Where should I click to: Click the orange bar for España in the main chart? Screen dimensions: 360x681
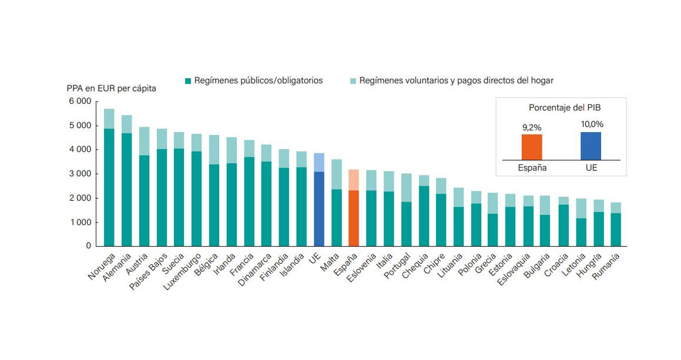click(353, 217)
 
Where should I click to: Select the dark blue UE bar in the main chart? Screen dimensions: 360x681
click(318, 208)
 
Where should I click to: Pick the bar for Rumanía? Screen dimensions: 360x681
click(615, 229)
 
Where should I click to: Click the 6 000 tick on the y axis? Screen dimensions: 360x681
click(80, 102)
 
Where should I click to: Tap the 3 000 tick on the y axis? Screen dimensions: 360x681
click(80, 174)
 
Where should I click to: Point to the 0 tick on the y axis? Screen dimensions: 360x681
click(88, 246)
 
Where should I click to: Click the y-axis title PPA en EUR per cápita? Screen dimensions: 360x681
click(111, 89)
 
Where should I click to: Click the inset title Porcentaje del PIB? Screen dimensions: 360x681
click(560, 108)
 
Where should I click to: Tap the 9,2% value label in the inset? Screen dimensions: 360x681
click(532, 127)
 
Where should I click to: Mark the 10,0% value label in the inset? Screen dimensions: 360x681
click(591, 124)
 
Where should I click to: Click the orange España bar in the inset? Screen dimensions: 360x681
click(532, 147)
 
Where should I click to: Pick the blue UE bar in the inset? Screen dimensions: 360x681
click(591, 146)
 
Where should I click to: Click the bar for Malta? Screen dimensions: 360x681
click(336, 217)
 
